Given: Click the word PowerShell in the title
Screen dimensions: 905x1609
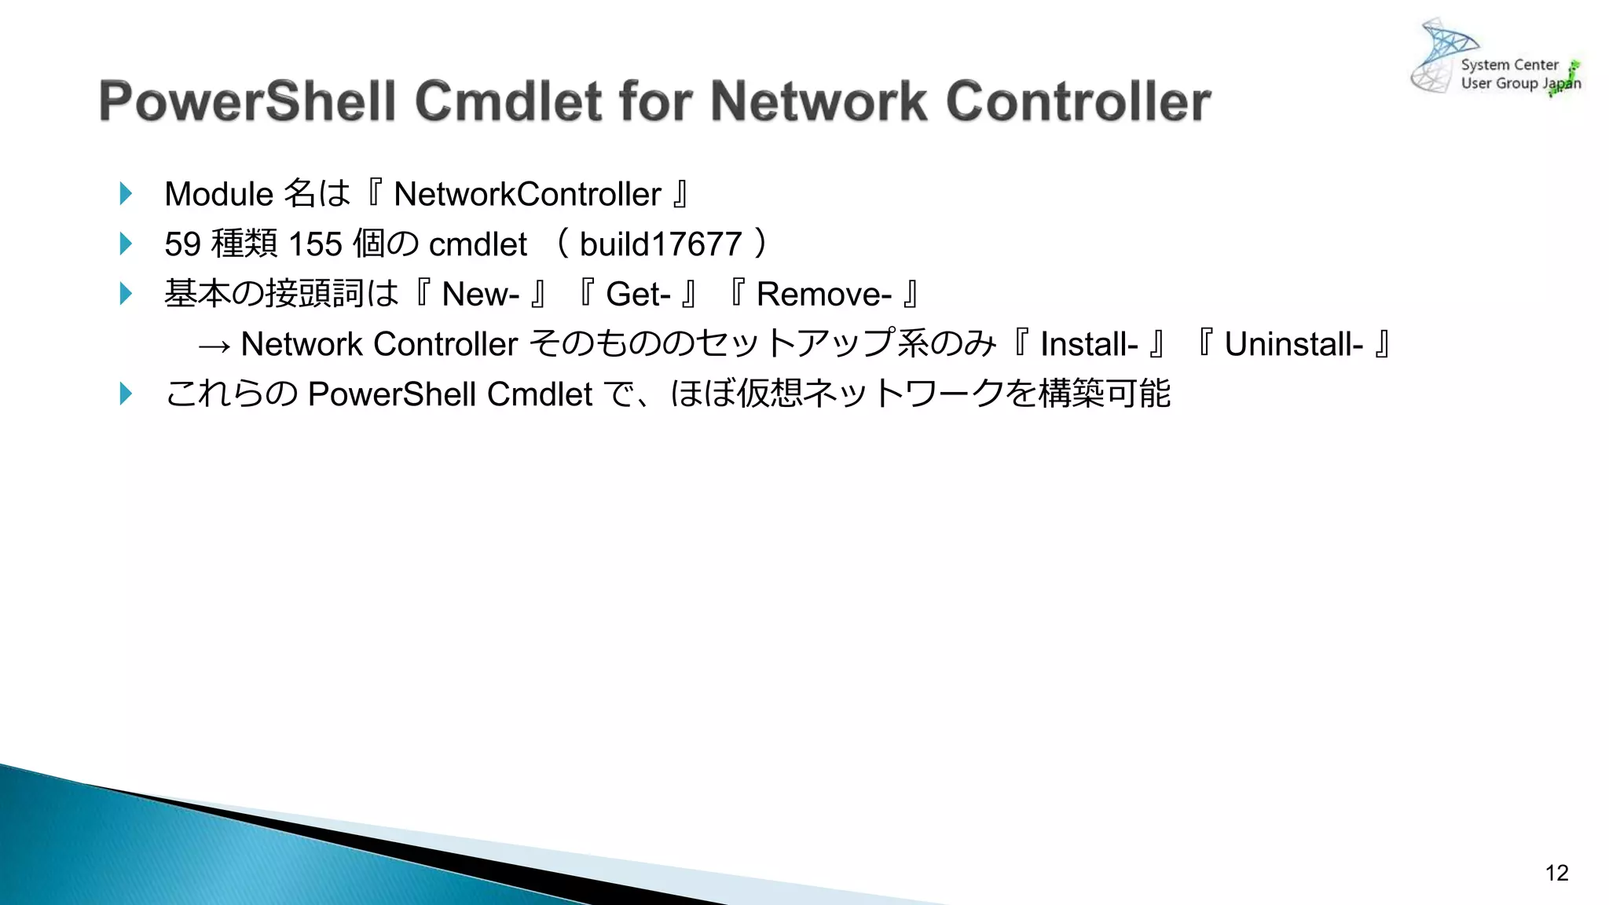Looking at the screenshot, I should [x=247, y=102].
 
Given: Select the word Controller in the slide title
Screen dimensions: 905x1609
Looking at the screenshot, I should [x=1078, y=102].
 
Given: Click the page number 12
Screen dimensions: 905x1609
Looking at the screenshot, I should [x=1556, y=873].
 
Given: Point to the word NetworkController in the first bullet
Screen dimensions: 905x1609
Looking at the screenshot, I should [x=527, y=194].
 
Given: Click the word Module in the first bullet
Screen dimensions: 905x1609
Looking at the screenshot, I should [x=218, y=194].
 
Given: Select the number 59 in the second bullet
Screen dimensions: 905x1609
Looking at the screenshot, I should [x=182, y=244].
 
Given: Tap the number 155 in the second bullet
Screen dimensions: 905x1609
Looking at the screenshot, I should [x=315, y=244].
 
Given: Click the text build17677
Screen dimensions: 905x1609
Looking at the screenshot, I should [x=661, y=244].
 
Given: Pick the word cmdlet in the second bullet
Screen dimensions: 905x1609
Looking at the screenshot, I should [x=478, y=244].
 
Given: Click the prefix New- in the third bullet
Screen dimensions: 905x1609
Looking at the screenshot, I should [x=480, y=295].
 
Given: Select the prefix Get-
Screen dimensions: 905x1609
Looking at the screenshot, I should [x=638, y=295].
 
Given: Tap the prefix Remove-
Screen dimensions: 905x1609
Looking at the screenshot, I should [x=823, y=295].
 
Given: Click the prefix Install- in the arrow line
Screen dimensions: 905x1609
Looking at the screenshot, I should [x=1089, y=344].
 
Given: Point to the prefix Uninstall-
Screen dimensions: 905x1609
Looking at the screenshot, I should [x=1293, y=344].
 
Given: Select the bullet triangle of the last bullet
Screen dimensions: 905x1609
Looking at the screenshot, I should [x=126, y=394].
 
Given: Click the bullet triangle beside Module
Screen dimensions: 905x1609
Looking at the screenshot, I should [x=126, y=193].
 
